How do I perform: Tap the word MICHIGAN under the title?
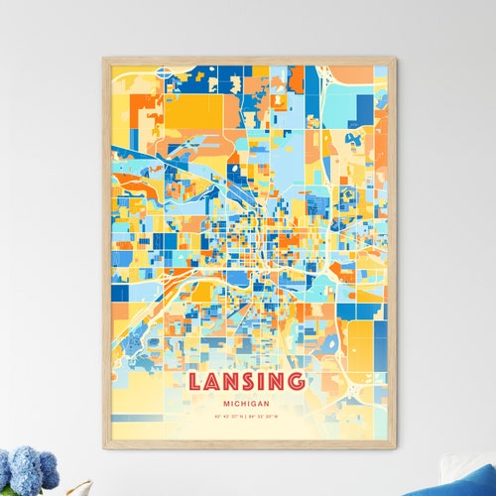click(247, 405)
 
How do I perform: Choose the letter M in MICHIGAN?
click(229, 405)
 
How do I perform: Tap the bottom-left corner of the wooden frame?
click(103, 448)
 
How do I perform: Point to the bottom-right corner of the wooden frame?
click(394, 448)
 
